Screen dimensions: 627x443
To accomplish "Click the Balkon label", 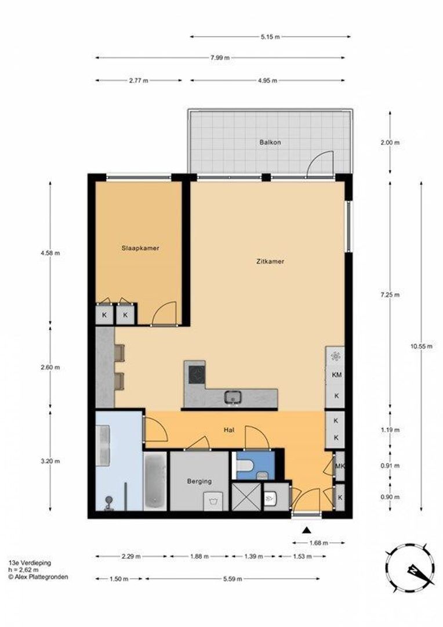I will [270, 142].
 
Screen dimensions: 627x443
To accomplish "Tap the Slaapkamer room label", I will [140, 248].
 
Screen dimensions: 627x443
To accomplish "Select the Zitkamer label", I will [270, 261].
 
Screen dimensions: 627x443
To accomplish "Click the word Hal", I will [229, 430].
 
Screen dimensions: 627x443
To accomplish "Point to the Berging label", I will [199, 481].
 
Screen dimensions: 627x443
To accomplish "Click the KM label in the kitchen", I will [336, 375].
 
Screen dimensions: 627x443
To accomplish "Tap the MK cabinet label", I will [340, 467].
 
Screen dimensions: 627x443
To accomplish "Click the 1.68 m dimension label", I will [318, 543].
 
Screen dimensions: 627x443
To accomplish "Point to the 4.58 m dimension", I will [50, 253].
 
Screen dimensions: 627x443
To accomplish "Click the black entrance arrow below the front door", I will [307, 529].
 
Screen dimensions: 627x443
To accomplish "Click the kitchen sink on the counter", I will [233, 397].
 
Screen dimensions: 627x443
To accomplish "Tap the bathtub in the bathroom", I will [155, 481].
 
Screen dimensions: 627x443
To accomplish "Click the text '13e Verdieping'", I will [30, 563].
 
